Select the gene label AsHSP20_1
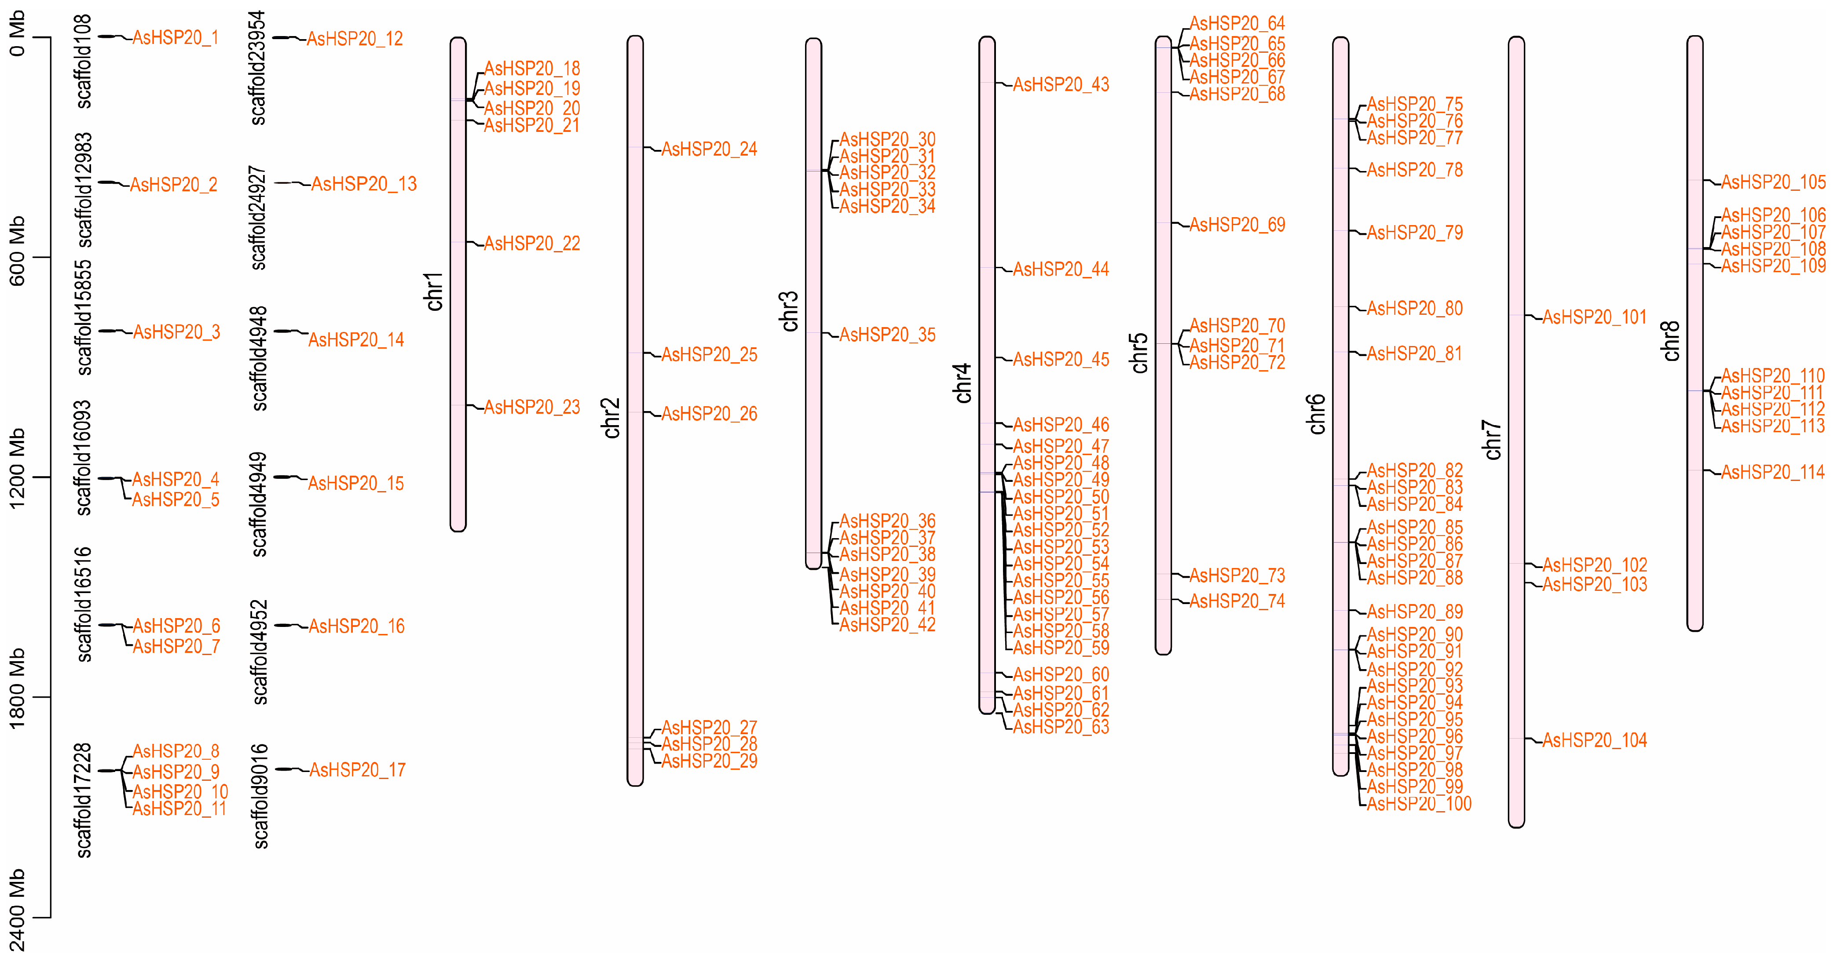[x=175, y=38]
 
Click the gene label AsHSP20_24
[x=709, y=149]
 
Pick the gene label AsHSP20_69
[x=1237, y=225]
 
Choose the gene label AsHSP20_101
[x=1595, y=317]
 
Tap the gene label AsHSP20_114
[x=1772, y=472]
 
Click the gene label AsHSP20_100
[x=1419, y=804]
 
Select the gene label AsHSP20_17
[x=357, y=770]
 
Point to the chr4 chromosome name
[x=963, y=383]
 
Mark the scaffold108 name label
[x=84, y=62]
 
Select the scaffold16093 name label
[x=84, y=457]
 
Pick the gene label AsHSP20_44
[x=1061, y=269]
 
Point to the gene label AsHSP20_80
[x=1414, y=309]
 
